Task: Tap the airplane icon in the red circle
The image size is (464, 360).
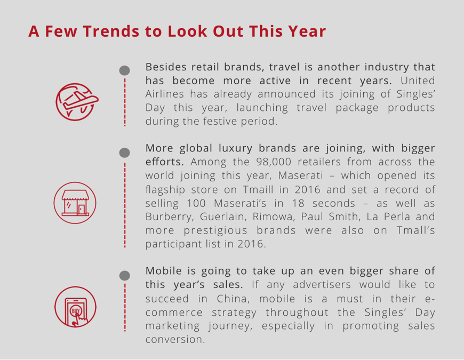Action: click(x=77, y=102)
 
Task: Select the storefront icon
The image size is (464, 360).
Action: click(x=75, y=203)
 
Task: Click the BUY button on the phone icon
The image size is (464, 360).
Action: click(x=76, y=311)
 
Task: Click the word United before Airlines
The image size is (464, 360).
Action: click(x=418, y=81)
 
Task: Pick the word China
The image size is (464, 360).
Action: click(x=233, y=299)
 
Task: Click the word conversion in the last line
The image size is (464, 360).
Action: click(x=175, y=339)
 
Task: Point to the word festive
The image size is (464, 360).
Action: click(x=220, y=121)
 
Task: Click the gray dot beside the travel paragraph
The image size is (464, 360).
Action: click(x=125, y=70)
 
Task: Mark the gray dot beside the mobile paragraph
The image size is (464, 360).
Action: click(x=125, y=275)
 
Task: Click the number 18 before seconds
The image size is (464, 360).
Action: click(x=298, y=203)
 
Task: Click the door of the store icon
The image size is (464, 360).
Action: click(x=82, y=209)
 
